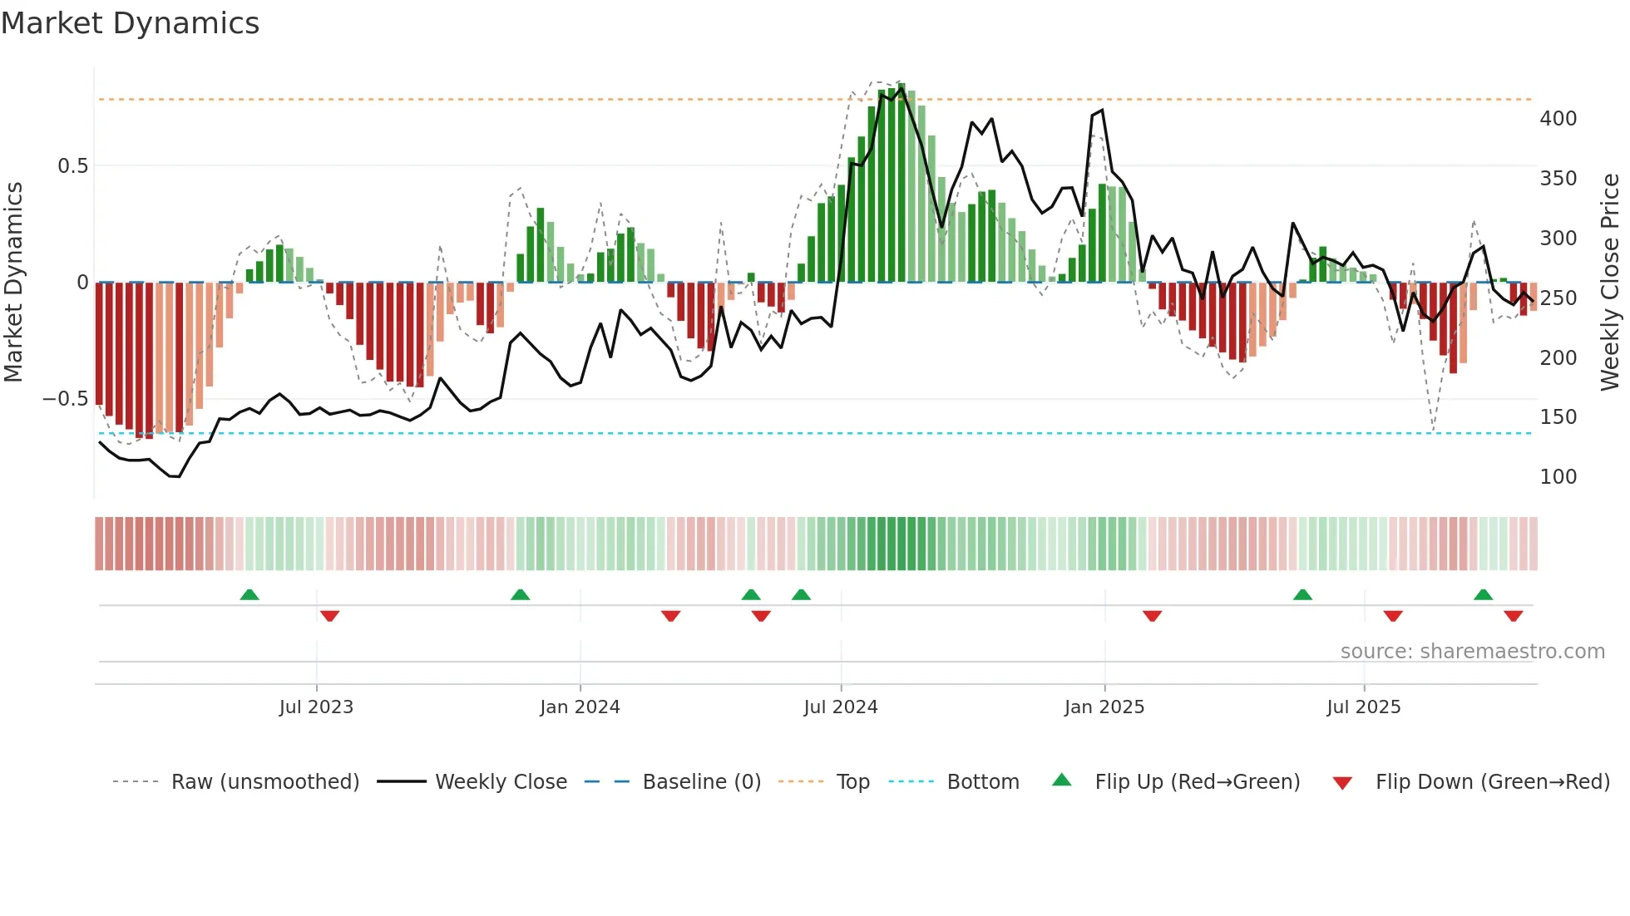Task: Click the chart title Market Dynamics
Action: (x=131, y=23)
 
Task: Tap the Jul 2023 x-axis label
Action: (x=316, y=707)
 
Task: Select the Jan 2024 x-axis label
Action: (x=580, y=707)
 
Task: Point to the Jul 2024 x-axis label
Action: (x=841, y=707)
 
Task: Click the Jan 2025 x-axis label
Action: (x=1104, y=707)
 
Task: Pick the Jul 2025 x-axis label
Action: (x=1364, y=707)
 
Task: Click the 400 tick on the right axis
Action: (x=1558, y=119)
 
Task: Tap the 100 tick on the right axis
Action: (x=1558, y=477)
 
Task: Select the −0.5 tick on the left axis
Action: (x=66, y=399)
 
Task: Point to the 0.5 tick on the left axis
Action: (x=72, y=166)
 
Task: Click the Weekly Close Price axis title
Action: (x=1610, y=283)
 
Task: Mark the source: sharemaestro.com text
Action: (x=1472, y=652)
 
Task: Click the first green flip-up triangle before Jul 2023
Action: (x=249, y=594)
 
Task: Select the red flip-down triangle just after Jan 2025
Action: (x=1152, y=616)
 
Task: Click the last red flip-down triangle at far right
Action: (x=1514, y=616)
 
